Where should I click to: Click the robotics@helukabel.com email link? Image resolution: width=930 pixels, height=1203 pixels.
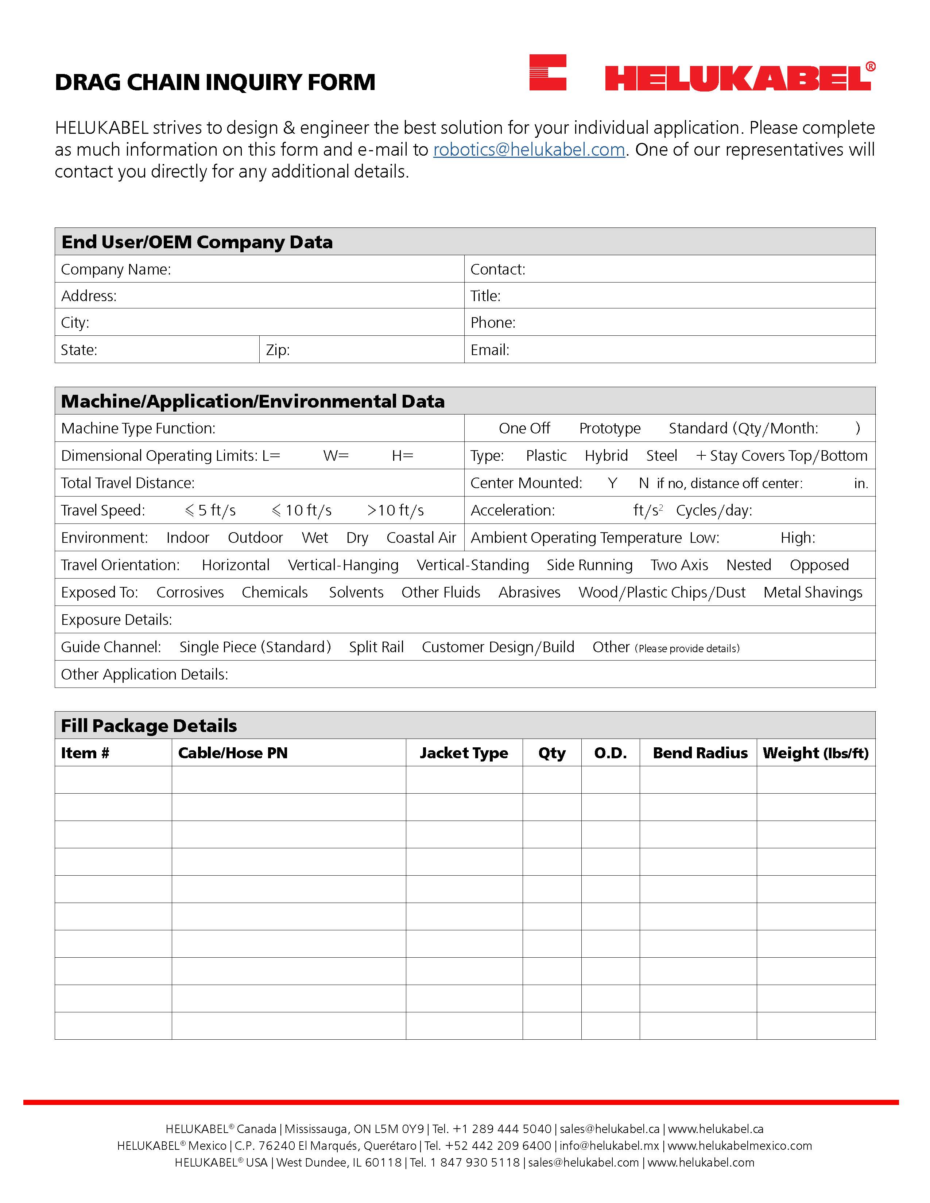[529, 150]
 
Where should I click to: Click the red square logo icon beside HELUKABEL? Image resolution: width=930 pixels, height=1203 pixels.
[548, 72]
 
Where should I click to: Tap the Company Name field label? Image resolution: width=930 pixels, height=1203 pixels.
[116, 269]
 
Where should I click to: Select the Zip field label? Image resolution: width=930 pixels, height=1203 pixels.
[278, 350]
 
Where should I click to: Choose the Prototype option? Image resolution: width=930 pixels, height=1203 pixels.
[609, 429]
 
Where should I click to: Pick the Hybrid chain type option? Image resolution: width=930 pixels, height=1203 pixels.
[606, 456]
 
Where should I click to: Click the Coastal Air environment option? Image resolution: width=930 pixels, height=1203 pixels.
[421, 538]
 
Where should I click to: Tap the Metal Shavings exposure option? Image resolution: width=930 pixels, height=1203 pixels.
[813, 593]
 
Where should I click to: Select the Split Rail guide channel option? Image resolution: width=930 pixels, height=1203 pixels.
[376, 647]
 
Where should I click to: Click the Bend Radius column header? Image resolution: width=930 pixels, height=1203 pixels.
[700, 753]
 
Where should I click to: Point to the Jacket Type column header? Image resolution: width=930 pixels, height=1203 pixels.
[464, 753]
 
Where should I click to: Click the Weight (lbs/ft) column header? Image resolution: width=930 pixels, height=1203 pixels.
[815, 753]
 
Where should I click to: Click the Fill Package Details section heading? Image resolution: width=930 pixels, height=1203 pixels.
[149, 726]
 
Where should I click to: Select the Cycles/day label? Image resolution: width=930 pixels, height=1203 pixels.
[713, 511]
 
